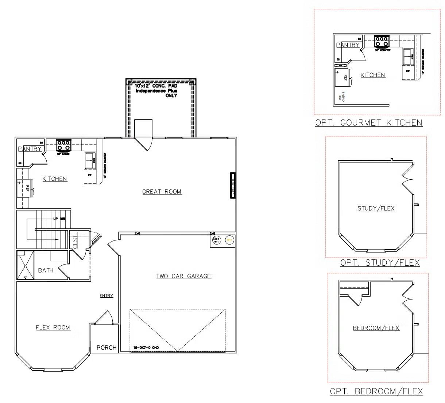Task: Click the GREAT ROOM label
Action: tap(162, 192)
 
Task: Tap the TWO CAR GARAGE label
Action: tap(183, 276)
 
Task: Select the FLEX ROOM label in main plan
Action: tap(53, 328)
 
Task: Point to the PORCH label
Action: tap(107, 348)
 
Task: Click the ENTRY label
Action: tap(106, 296)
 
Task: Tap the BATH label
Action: tap(46, 270)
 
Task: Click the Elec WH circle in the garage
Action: tap(216, 240)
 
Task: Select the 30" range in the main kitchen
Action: tap(63, 145)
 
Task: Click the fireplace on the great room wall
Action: tap(232, 185)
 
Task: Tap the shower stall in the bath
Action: tap(25, 265)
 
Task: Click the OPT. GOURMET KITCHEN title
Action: tap(368, 123)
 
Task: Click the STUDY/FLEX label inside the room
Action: tap(376, 208)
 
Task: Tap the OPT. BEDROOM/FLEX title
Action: tap(376, 391)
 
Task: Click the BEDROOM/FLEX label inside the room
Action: tap(376, 328)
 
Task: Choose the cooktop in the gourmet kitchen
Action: tap(382, 41)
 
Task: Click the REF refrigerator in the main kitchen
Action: tap(25, 188)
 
